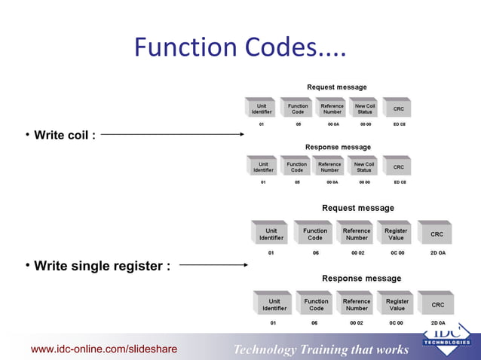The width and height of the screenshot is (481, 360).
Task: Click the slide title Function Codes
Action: point(240,48)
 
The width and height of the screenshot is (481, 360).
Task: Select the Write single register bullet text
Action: point(102,265)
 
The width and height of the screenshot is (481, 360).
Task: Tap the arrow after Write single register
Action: point(214,265)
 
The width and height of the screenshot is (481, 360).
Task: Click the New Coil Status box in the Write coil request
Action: point(365,108)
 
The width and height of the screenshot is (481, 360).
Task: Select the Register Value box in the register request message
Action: point(396,234)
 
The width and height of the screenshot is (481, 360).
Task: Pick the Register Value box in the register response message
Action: point(397,304)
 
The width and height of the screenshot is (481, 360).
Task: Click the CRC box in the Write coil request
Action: point(398,108)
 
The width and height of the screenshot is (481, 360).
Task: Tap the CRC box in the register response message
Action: point(437,304)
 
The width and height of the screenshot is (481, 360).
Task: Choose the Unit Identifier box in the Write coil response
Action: point(263,166)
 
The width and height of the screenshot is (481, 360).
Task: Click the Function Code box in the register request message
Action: point(315,234)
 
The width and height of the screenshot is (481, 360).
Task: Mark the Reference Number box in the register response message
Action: point(357,304)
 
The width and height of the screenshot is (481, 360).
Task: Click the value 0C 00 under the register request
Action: point(396,253)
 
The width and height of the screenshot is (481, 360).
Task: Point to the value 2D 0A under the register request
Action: point(437,253)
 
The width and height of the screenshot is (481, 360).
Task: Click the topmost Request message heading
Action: point(337,87)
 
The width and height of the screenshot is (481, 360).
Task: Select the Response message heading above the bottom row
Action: point(361,279)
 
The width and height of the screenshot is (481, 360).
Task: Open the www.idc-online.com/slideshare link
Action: point(104,349)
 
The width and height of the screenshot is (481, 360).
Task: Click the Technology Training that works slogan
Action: point(321,349)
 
